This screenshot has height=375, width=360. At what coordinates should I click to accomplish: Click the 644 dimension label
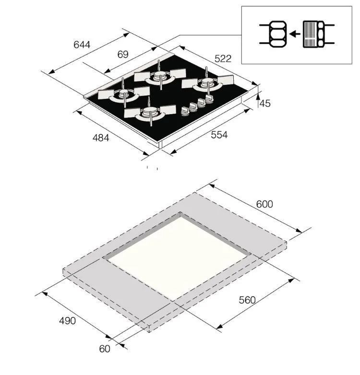click(82, 45)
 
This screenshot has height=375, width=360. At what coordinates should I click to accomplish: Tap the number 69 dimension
click(123, 55)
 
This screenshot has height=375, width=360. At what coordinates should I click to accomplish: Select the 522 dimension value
click(223, 59)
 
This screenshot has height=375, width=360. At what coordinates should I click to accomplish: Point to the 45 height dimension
click(265, 103)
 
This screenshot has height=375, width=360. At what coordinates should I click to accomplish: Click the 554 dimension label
click(219, 135)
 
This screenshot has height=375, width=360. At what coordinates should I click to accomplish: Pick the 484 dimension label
click(101, 138)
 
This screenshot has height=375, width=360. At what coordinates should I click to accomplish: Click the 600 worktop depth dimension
click(264, 204)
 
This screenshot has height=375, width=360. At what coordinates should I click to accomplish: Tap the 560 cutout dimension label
click(247, 300)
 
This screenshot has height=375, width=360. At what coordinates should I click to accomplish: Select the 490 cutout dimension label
click(68, 321)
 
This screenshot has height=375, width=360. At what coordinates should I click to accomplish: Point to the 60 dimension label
click(105, 349)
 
